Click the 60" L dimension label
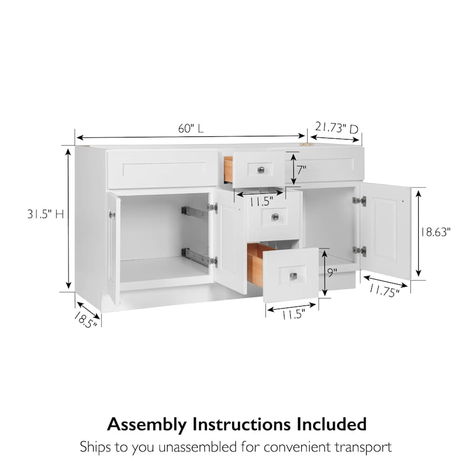click(x=191, y=129)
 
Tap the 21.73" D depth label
click(x=337, y=127)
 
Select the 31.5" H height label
click(x=46, y=214)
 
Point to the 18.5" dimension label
click(x=85, y=320)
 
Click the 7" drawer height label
click(x=301, y=170)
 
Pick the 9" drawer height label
click(x=332, y=273)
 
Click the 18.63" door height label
click(x=435, y=232)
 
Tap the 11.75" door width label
click(x=384, y=291)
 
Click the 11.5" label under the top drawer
click(x=261, y=202)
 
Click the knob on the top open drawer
click(x=261, y=170)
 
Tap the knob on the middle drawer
click(x=275, y=217)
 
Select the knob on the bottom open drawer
click(x=293, y=276)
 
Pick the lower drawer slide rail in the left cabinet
click(x=195, y=256)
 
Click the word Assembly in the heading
click(x=146, y=424)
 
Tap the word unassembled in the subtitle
click(x=197, y=447)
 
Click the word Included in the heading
click(x=331, y=424)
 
